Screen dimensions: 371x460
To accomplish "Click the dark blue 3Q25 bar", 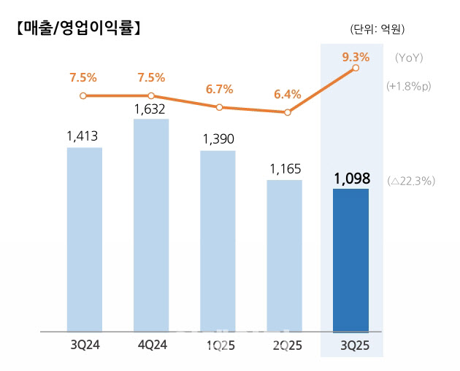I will pos(350,260).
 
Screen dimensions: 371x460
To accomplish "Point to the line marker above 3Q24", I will pos(83,95).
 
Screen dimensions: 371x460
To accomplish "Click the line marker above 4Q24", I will pos(151,95).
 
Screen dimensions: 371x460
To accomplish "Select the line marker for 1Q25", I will pos(218,107).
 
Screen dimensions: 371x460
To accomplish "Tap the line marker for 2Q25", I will pos(287,112).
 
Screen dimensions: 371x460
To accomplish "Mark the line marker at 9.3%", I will pos(356,68).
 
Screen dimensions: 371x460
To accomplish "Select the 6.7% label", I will pos(218,90).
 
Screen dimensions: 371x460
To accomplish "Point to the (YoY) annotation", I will pos(409,58).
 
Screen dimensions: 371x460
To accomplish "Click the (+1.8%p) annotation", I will pos(409,85).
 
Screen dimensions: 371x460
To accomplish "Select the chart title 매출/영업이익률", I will pos(77,29).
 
